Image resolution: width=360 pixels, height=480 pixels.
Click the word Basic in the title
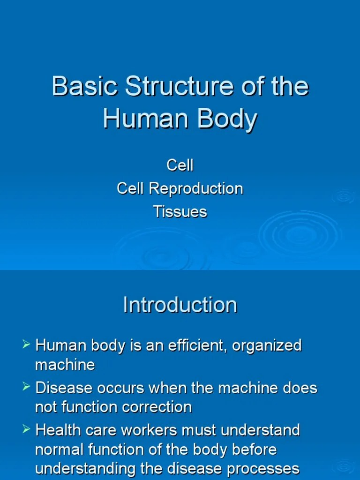(x=84, y=86)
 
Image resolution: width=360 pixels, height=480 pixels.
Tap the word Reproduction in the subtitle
(x=196, y=188)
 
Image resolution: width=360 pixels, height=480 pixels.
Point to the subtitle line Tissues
(x=180, y=211)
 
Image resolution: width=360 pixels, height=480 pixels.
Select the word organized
(x=267, y=346)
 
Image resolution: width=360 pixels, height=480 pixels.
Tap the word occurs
(x=120, y=389)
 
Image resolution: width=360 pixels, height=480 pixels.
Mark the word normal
(x=60, y=450)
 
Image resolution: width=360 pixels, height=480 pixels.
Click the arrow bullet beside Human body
(x=26, y=345)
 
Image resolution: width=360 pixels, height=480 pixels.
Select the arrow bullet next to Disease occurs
(x=26, y=387)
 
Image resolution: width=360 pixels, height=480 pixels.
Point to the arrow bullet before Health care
(x=26, y=429)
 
